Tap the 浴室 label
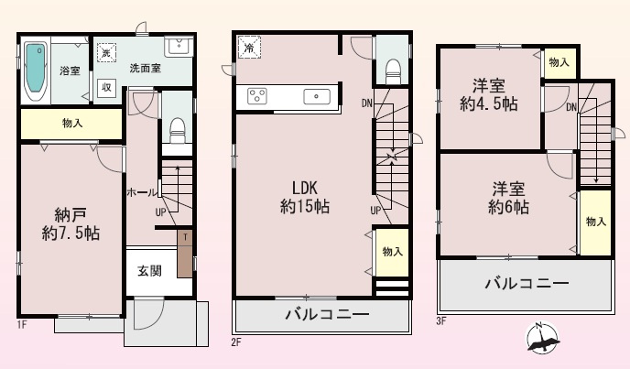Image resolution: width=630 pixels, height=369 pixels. click(71, 71)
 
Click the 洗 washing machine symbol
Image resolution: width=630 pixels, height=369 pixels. click(105, 53)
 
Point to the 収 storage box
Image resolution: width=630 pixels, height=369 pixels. click(106, 88)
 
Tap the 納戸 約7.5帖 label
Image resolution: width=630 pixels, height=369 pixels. click(70, 224)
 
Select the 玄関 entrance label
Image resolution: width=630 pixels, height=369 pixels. click(150, 271)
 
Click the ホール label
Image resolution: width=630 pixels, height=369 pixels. click(140, 193)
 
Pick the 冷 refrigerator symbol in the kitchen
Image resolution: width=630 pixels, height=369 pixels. click(249, 47)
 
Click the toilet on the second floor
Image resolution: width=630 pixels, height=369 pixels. click(392, 68)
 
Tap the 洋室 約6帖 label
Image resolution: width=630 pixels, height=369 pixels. click(509, 199)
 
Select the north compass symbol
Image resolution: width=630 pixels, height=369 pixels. click(544, 342)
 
